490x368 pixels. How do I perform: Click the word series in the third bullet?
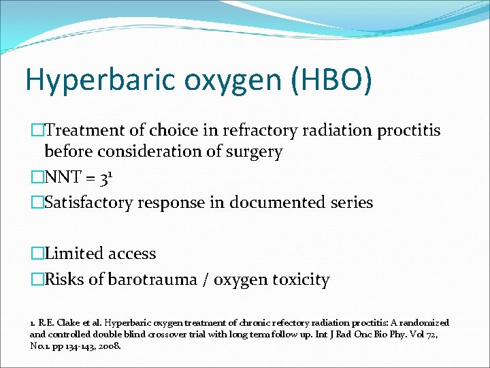click(x=351, y=202)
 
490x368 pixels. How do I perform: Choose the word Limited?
click(x=72, y=254)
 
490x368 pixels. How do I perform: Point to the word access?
click(x=131, y=254)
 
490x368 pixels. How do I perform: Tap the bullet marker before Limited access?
click(x=37, y=254)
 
